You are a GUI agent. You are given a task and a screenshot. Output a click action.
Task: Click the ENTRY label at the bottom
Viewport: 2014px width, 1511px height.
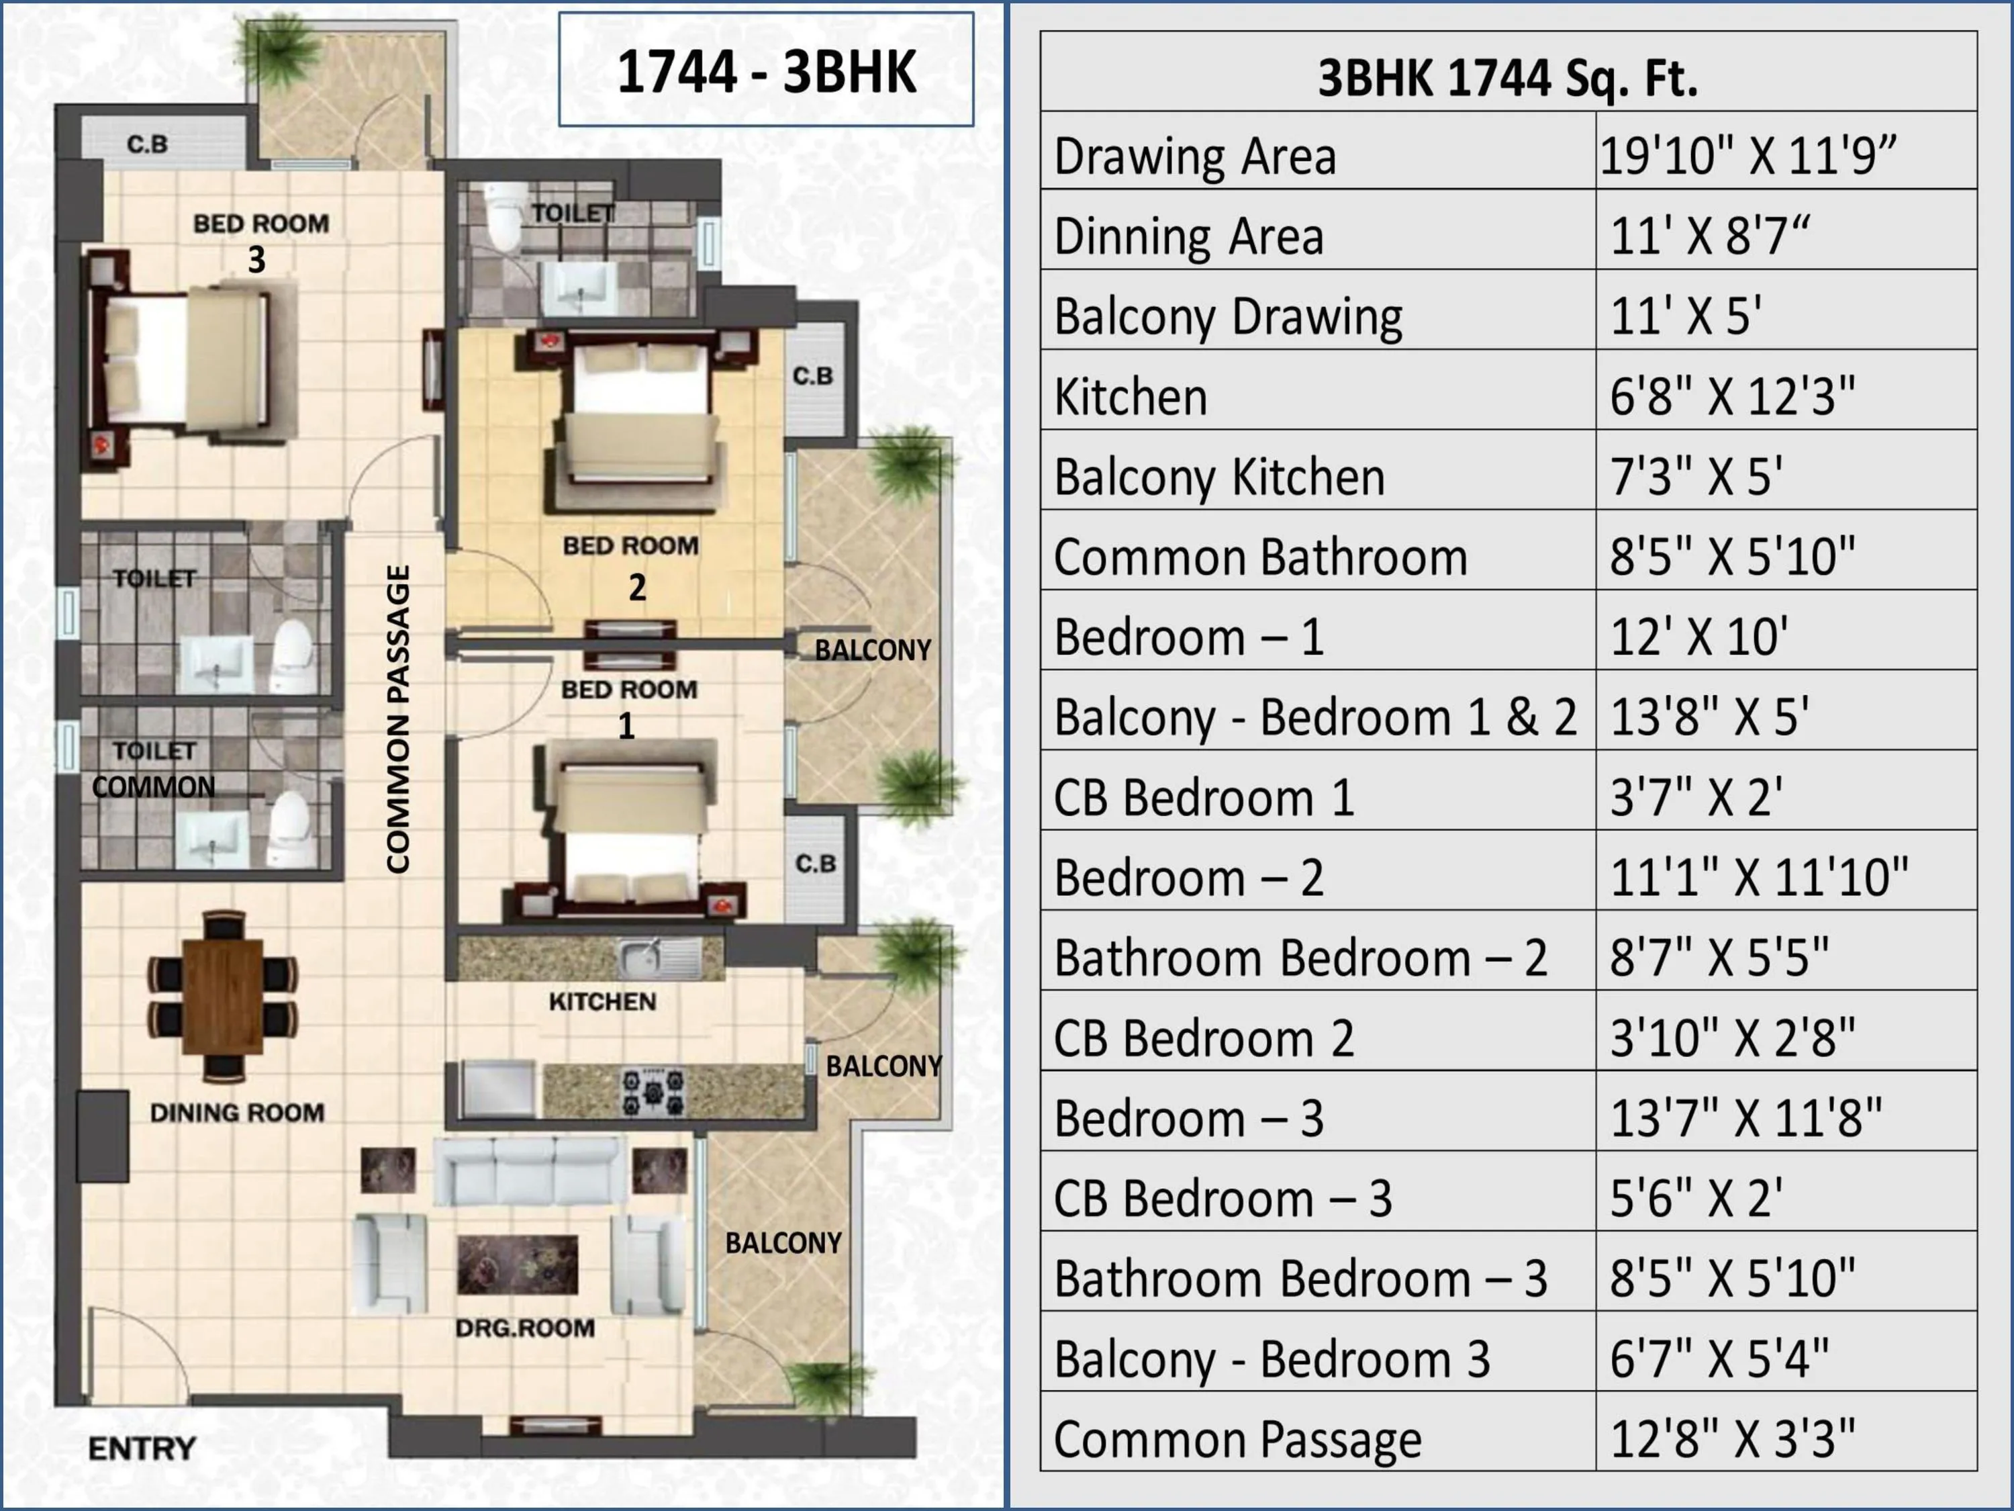(142, 1448)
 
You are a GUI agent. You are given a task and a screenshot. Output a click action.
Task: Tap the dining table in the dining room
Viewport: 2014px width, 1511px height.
(223, 995)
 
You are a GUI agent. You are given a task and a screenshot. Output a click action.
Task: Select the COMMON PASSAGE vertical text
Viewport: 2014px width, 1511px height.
(398, 719)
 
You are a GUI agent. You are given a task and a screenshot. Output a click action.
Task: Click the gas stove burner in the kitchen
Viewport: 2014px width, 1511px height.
(653, 1092)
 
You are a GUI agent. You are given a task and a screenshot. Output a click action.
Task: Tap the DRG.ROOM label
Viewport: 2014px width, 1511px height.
(526, 1328)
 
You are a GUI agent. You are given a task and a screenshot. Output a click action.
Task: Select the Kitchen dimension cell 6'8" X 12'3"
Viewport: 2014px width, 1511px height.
(1732, 396)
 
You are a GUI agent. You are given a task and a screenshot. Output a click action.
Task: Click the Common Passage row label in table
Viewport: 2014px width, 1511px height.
(1237, 1440)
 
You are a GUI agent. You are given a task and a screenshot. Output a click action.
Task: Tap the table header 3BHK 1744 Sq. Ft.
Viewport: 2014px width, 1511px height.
(1508, 77)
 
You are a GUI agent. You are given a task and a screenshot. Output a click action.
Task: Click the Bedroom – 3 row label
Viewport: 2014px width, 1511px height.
(1188, 1118)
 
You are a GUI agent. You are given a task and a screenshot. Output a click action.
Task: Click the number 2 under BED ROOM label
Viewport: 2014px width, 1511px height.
(637, 588)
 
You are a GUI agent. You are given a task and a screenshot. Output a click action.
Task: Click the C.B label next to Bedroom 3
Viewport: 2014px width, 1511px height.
(148, 144)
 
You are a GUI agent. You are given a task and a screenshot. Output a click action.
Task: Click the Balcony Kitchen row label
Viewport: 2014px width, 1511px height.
(1219, 476)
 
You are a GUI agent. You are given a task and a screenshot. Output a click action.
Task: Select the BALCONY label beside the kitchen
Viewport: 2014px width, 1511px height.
(883, 1066)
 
